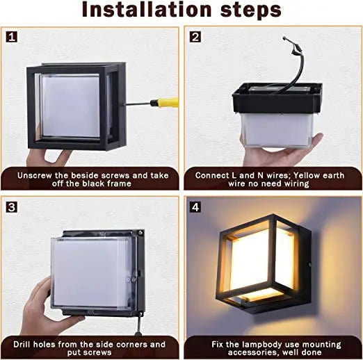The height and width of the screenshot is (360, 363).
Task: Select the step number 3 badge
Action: (13, 206)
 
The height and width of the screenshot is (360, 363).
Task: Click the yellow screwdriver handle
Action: (167, 103)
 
